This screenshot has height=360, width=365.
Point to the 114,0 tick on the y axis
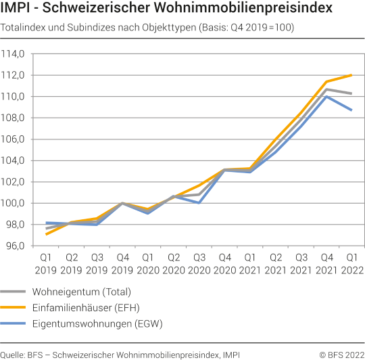click(x=14, y=54)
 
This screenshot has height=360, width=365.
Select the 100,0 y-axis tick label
click(x=14, y=203)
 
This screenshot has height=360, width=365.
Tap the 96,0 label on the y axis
click(x=16, y=246)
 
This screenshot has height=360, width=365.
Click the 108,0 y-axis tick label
click(x=14, y=118)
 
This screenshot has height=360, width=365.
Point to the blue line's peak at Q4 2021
click(x=326, y=96)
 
